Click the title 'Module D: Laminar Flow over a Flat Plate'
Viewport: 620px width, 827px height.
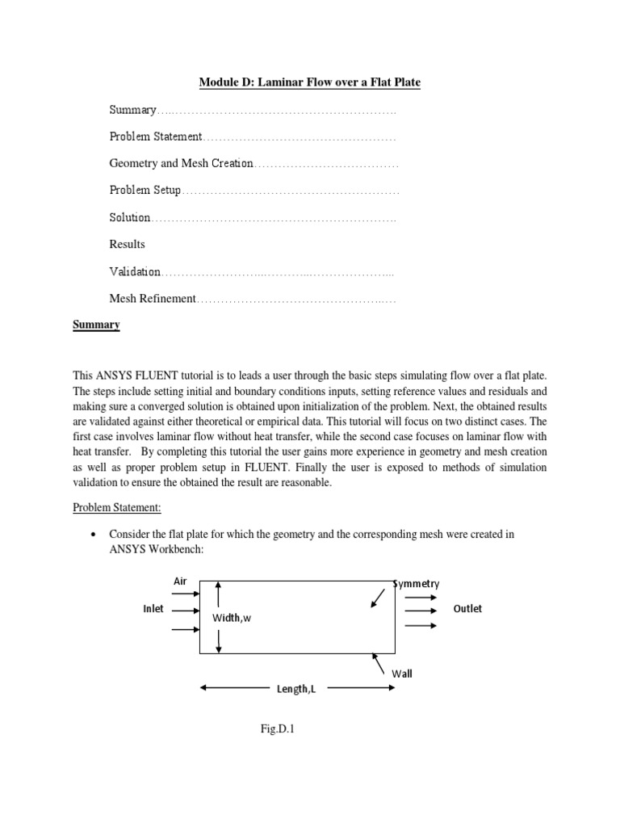click(310, 82)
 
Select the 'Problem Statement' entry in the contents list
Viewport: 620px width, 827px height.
click(155, 136)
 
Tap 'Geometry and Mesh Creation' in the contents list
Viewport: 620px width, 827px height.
click(181, 163)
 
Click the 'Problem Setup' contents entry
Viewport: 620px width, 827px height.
click(145, 191)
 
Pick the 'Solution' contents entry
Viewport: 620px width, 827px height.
click(130, 217)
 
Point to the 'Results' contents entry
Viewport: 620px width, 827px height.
click(127, 244)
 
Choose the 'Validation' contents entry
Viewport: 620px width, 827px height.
click(135, 271)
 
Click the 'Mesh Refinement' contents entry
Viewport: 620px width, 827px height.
click(153, 298)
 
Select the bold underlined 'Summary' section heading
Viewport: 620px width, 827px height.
click(96, 325)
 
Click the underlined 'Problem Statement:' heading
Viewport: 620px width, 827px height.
click(117, 507)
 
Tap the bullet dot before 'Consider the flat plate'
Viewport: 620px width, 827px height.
click(96, 535)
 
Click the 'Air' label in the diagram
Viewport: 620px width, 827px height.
click(180, 581)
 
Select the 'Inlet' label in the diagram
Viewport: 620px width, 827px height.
click(153, 609)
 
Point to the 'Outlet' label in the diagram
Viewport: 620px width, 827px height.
click(467, 609)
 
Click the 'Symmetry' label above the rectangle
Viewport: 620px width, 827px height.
click(417, 583)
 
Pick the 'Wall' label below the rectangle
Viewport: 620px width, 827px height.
click(402, 673)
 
